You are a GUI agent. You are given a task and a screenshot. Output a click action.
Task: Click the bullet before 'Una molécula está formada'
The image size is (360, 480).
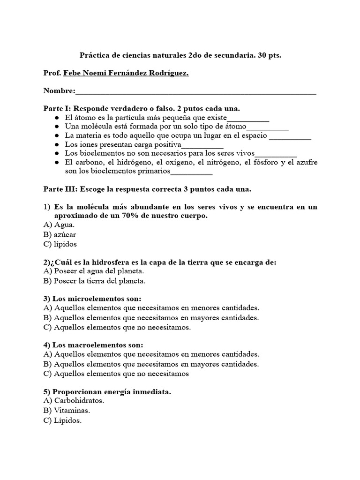pyautogui.click(x=57, y=127)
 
